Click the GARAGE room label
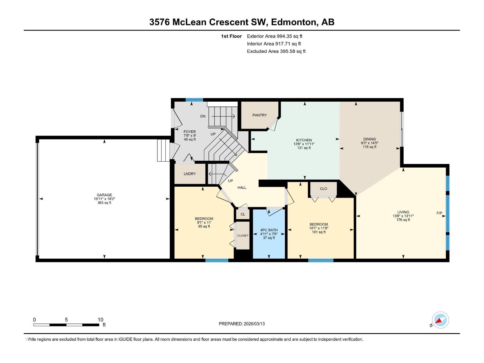[x=104, y=195]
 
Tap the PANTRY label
[x=260, y=115]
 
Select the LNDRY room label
[x=190, y=174]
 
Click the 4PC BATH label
[x=269, y=230]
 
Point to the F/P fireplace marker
[x=439, y=213]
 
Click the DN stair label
[x=203, y=116]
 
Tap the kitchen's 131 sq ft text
[x=304, y=148]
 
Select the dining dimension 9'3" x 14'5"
[x=369, y=143]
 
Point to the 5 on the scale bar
[x=66, y=320]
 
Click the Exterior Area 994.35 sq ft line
[x=274, y=36]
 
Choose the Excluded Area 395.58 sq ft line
[x=276, y=51]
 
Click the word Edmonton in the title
[x=293, y=22]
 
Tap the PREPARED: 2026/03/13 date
[x=242, y=324]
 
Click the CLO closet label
[x=323, y=189]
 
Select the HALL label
[x=242, y=188]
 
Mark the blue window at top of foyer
[x=194, y=100]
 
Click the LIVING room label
[x=403, y=212]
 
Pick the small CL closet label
[x=243, y=214]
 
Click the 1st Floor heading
[x=231, y=36]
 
